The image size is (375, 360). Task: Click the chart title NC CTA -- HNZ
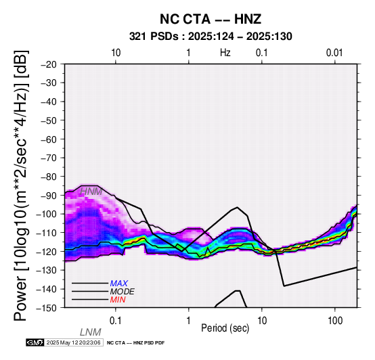coord(211,19)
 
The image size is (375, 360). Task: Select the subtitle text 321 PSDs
coord(154,37)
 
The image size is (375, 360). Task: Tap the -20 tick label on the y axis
coord(49,64)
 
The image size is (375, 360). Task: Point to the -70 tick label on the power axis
coord(49,158)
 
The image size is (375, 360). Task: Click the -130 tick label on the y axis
coord(47,270)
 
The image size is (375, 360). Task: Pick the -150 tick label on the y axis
coord(47,308)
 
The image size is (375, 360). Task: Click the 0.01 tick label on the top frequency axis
coord(334,53)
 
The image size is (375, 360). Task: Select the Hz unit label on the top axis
coord(225,53)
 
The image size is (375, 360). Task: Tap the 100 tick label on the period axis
coord(335,321)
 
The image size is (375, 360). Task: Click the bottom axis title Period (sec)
coord(225,328)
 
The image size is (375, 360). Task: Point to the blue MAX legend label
coord(119,284)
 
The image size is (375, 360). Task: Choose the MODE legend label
coord(123,292)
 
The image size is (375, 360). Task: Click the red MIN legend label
coord(118,300)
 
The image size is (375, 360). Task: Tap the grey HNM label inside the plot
coord(91,192)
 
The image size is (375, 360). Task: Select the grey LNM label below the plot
coord(91,332)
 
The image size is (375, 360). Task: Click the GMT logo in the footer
coord(35,342)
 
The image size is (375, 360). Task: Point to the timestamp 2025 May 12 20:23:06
coord(74,342)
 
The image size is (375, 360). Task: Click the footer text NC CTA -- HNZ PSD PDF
coord(135,343)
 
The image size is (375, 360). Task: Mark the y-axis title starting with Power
coord(21,185)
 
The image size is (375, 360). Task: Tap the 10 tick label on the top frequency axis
coord(116,53)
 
